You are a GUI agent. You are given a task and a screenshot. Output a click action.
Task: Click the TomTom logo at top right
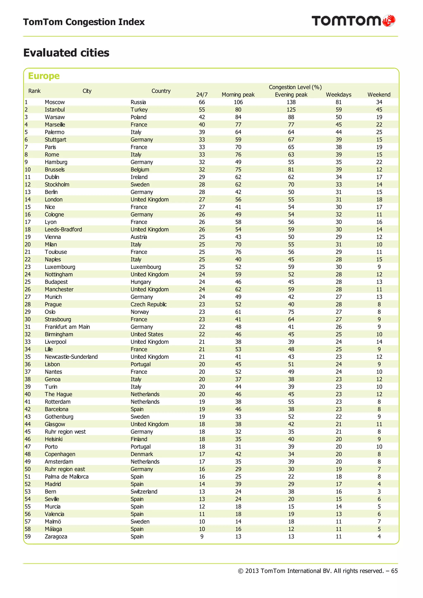(353, 21)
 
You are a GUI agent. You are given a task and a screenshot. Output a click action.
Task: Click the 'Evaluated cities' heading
(66, 53)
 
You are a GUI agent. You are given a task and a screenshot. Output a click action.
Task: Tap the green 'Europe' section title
(44, 76)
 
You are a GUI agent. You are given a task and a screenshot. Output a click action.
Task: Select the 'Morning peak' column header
(238, 95)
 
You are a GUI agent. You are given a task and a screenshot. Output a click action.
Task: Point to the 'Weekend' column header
(379, 95)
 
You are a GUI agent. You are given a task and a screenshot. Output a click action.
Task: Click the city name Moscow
(55, 102)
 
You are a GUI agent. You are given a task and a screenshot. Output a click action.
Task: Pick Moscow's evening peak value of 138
(291, 102)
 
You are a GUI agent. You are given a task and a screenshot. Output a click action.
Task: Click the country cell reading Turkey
(139, 110)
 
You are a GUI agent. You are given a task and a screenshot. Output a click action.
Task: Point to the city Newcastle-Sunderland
(71, 357)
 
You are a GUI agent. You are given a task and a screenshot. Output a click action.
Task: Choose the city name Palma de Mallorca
(67, 476)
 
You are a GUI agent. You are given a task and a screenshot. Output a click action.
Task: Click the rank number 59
(28, 536)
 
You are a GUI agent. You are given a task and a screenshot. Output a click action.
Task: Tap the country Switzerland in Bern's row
(144, 492)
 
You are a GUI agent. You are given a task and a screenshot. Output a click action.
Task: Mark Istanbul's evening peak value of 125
(291, 110)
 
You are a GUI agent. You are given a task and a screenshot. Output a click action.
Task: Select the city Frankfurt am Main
(67, 327)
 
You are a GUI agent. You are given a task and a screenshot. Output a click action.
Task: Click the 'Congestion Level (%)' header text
(295, 87)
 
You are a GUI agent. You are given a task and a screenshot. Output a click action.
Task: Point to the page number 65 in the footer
(394, 571)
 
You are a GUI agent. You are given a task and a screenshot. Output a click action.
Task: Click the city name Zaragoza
(56, 536)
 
